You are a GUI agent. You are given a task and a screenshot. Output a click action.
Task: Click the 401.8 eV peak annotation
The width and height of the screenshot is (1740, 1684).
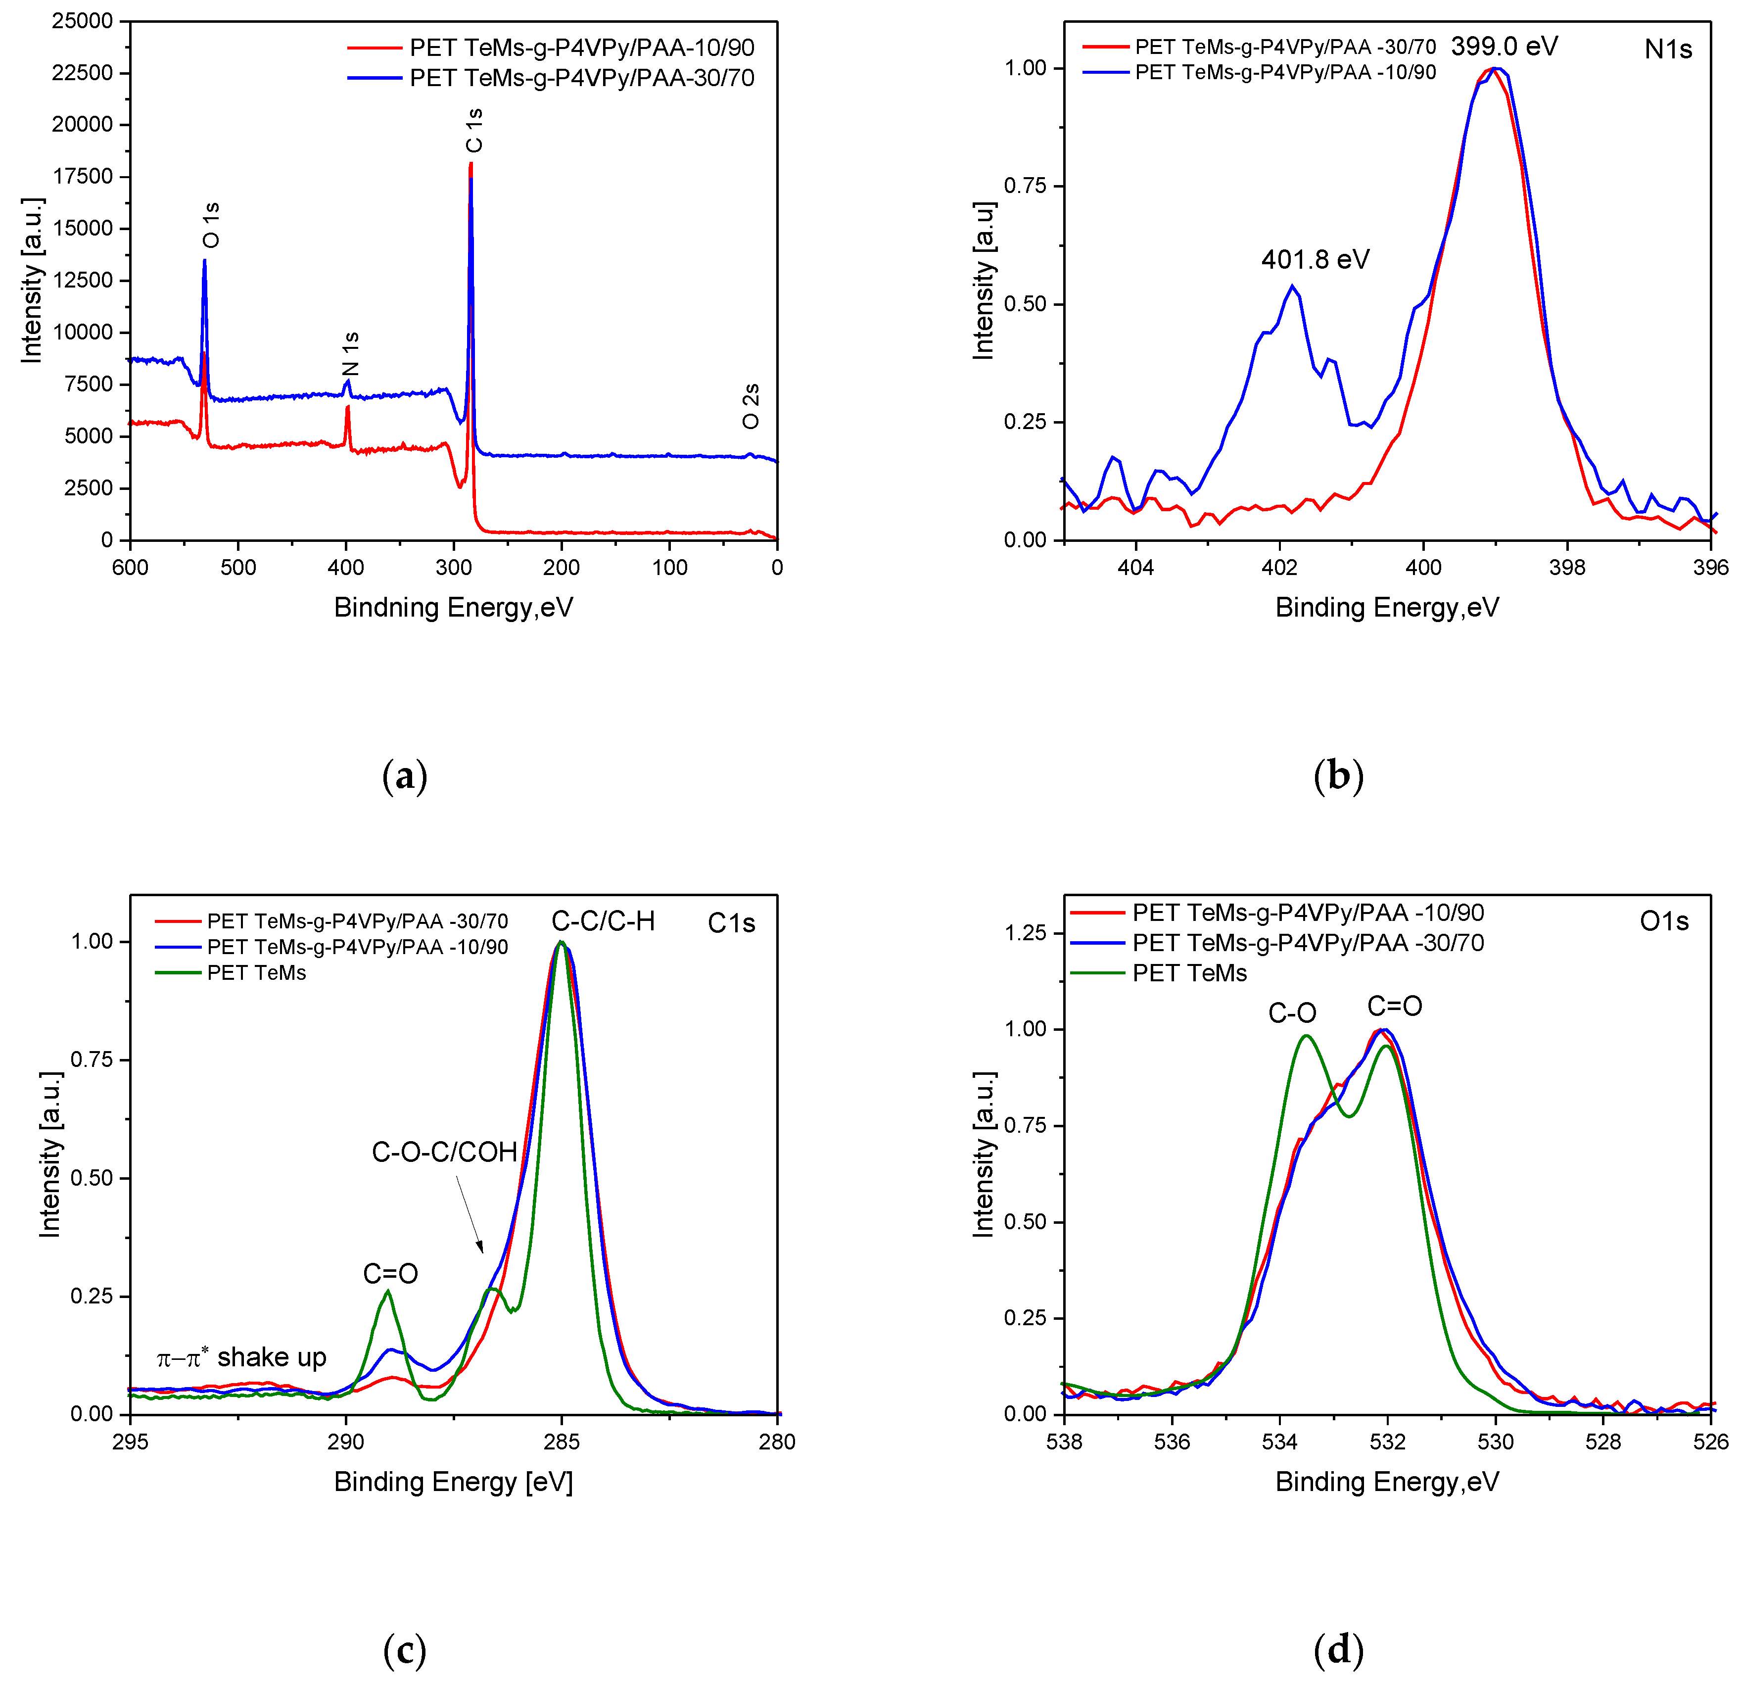pos(1315,259)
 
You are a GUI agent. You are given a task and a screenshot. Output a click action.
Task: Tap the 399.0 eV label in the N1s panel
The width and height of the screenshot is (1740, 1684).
pos(1504,46)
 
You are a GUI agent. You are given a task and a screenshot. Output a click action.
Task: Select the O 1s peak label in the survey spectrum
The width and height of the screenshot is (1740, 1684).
pos(210,225)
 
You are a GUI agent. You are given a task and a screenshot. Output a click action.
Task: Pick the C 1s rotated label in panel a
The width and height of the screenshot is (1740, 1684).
pos(475,131)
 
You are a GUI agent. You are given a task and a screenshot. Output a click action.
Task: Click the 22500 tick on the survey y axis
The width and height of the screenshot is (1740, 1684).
pos(83,73)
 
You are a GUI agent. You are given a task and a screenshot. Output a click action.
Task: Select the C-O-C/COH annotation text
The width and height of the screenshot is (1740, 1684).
pos(444,1152)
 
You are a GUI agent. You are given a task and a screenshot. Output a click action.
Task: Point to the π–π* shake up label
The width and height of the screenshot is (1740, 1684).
pos(241,1357)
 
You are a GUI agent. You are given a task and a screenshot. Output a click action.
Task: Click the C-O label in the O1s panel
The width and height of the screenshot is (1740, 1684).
pos(1292,1012)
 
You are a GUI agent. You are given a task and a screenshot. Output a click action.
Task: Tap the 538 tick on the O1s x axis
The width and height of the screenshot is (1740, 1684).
pos(1064,1442)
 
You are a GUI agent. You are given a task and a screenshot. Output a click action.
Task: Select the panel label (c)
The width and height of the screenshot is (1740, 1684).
pos(405,1650)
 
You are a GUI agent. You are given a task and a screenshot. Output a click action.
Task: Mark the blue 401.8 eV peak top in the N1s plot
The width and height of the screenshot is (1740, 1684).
pos(1293,286)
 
